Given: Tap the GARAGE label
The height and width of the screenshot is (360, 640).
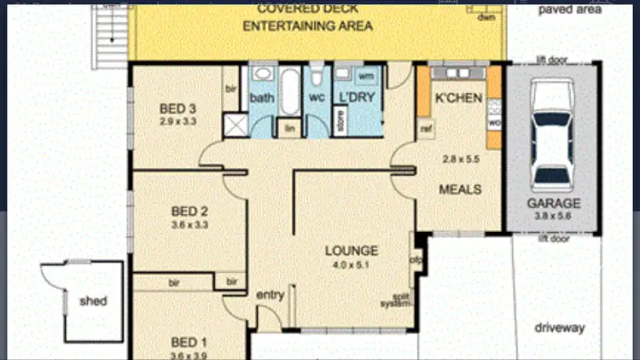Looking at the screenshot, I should click(x=553, y=204).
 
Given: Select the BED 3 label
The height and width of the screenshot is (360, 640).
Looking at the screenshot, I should click(x=178, y=108).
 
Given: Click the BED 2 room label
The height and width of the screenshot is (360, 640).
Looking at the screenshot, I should click(x=189, y=212).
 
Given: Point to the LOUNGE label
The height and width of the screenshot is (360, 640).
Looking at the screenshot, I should click(x=351, y=251).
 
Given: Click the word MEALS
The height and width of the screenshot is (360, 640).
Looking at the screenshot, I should click(x=460, y=189).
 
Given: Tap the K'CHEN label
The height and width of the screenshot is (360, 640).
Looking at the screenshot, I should click(x=459, y=98).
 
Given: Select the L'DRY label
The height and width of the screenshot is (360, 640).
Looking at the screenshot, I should click(x=352, y=98).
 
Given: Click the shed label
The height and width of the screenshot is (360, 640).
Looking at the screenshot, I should click(x=94, y=301).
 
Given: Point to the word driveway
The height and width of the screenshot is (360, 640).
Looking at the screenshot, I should click(x=559, y=328).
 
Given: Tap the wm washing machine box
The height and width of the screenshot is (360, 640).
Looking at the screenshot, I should click(x=365, y=77).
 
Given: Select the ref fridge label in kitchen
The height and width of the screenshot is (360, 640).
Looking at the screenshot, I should click(x=424, y=129).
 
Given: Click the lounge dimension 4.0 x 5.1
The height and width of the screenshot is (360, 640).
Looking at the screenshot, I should click(x=351, y=265).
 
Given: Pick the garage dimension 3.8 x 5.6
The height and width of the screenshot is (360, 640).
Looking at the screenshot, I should click(x=553, y=217).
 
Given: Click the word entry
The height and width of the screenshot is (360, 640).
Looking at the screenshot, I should click(x=270, y=295).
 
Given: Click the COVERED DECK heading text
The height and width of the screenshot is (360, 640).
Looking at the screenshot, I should click(x=307, y=10).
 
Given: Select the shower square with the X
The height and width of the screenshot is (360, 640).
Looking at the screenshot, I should click(x=236, y=125).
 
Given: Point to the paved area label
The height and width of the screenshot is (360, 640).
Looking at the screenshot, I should click(x=569, y=10).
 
